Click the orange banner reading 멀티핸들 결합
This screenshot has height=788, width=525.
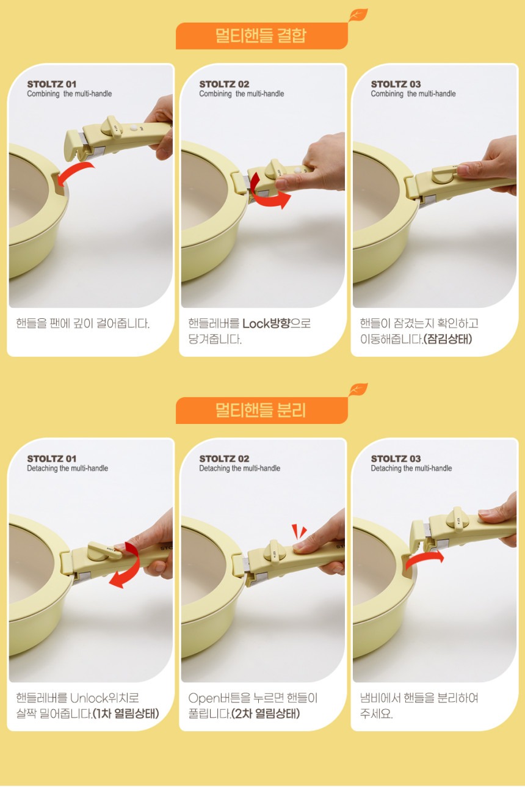pos(262,36)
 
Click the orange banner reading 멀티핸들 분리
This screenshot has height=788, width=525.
pos(262,410)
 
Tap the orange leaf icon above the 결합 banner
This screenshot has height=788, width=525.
pos(358,15)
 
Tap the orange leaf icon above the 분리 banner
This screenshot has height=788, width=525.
pos(358,390)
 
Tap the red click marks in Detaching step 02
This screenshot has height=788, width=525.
pos(299,531)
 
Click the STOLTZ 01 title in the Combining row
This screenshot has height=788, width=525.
pos(52,84)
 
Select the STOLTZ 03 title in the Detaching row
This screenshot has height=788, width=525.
pos(396,459)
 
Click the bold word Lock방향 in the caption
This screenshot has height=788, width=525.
pos(267,323)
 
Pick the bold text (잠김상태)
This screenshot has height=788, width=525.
pos(447,339)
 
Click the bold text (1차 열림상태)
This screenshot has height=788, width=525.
pos(126,713)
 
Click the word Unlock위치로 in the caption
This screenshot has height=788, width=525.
pos(104,698)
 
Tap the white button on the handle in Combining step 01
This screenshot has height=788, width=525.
pos(134,128)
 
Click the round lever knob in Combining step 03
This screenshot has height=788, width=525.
pos(444,175)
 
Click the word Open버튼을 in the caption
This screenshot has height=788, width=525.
pos(219,698)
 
